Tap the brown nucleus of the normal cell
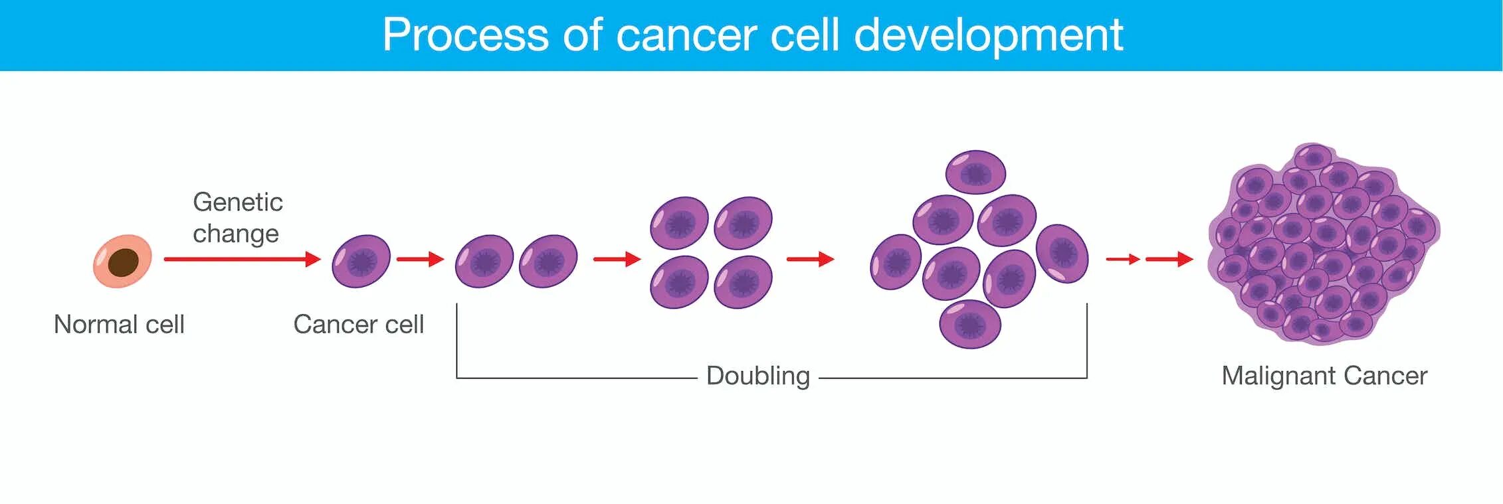tap(124, 262)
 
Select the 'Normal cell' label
tap(119, 325)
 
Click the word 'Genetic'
tap(237, 202)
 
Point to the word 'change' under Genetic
tap(235, 234)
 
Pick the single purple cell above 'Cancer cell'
tap(361, 261)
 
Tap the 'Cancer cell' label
tap(358, 325)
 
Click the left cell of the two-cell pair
tap(484, 261)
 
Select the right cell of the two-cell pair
tap(548, 261)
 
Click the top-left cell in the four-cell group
tap(679, 222)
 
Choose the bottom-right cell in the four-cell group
tap(743, 282)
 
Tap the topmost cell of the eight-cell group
tap(975, 172)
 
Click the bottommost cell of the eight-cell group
tap(970, 323)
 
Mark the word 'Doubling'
tap(757, 376)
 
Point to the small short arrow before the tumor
tap(1123, 259)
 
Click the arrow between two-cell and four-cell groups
tap(617, 259)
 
